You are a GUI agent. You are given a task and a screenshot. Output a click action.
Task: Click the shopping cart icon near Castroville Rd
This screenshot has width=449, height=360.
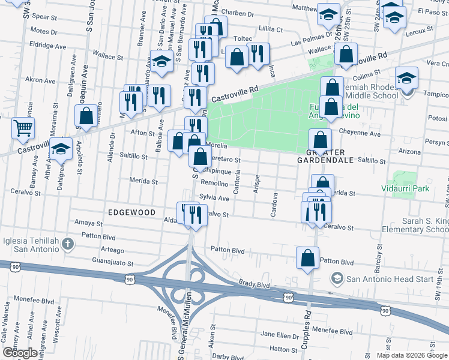tap(23, 127)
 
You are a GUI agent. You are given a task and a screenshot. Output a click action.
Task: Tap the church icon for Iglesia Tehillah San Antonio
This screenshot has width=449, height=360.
tap(68, 244)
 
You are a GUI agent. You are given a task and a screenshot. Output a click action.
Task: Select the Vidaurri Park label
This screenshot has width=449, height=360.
tap(405, 188)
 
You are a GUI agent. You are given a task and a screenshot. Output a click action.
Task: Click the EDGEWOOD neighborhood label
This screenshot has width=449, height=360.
tap(131, 212)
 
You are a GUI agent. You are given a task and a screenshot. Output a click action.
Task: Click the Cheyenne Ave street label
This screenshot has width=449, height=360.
tap(360, 134)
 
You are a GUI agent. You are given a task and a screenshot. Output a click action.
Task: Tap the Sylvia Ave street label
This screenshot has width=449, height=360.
tap(215, 198)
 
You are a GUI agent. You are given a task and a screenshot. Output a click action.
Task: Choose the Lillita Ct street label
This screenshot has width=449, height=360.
tap(270, 29)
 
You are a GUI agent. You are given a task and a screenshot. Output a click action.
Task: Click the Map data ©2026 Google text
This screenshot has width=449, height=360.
tap(411, 355)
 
